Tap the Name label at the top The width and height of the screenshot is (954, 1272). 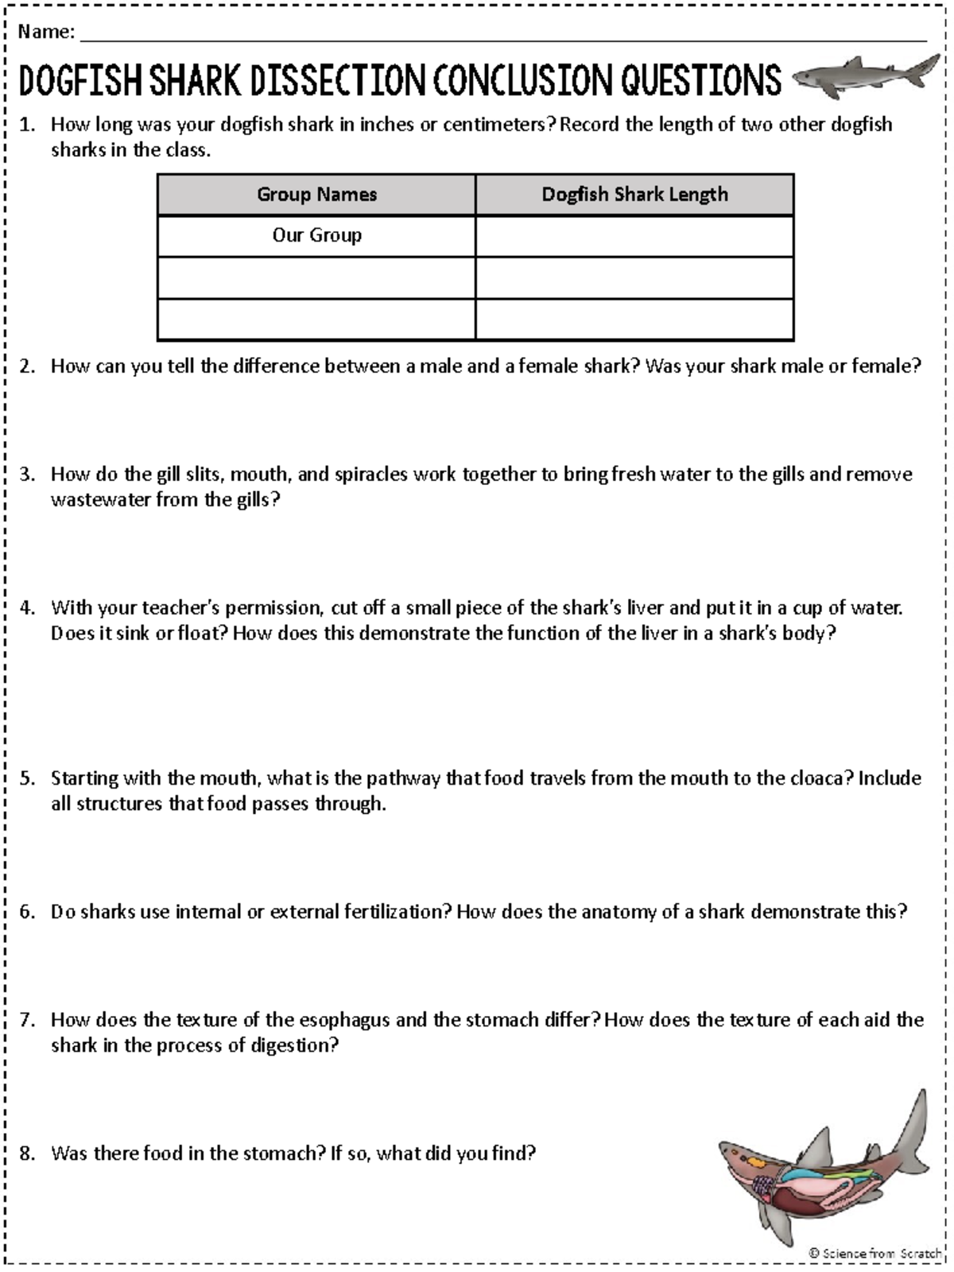pyautogui.click(x=45, y=32)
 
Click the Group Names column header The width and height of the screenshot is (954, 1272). pyautogui.click(x=316, y=195)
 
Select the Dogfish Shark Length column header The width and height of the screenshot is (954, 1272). pyautogui.click(x=634, y=195)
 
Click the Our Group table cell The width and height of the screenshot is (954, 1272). pyautogui.click(x=316, y=235)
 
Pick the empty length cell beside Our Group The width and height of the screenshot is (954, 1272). pyautogui.click(x=634, y=236)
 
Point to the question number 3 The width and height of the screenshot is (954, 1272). pyautogui.click(x=28, y=475)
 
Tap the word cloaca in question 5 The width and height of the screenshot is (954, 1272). pyautogui.click(x=820, y=778)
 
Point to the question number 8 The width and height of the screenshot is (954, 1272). pyautogui.click(x=28, y=1154)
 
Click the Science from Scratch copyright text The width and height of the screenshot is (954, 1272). pyautogui.click(x=874, y=1254)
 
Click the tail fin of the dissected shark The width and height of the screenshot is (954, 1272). pyautogui.click(x=914, y=1129)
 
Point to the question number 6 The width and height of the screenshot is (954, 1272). pyautogui.click(x=28, y=912)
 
